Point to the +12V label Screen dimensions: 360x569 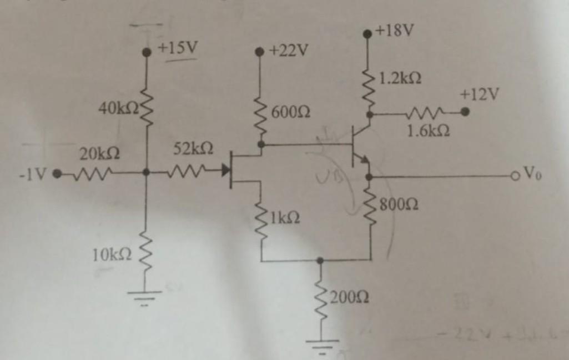pos(479,95)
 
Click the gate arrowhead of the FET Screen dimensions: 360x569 pos(225,170)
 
